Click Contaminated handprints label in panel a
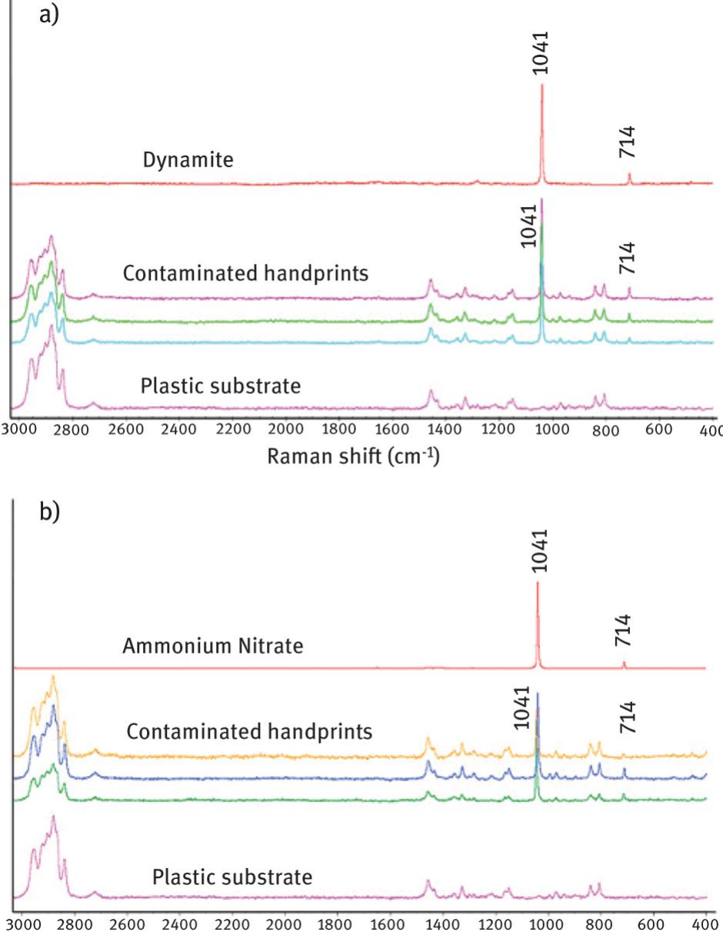(245, 274)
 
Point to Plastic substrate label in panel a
(221, 386)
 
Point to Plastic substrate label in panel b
(232, 877)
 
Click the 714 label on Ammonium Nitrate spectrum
(624, 630)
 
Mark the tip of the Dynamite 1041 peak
(542, 85)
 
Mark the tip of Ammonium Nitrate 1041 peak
(538, 583)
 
